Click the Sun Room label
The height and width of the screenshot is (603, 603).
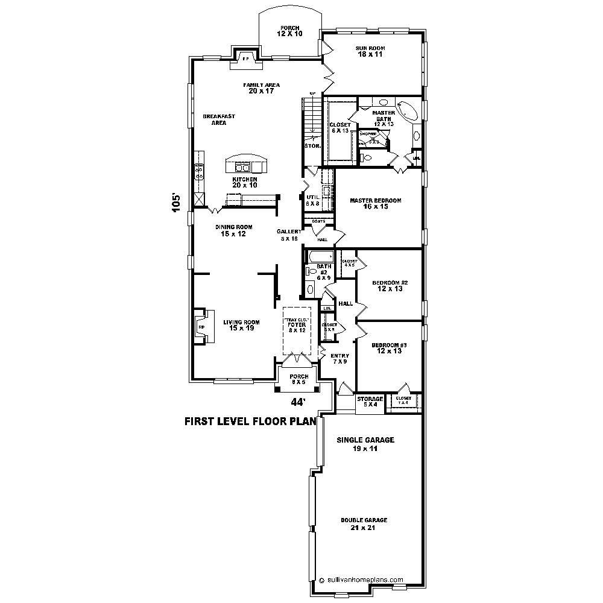tap(371, 51)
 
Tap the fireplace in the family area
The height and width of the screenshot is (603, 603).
tap(245, 59)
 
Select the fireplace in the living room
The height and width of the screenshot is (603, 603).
tap(202, 327)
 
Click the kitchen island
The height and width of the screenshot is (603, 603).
tap(245, 164)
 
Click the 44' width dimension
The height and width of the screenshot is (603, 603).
tap(298, 402)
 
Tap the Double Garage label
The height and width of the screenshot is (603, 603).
tap(364, 523)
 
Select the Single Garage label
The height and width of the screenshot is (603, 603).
tap(365, 444)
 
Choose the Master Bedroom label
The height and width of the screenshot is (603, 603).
tap(376, 203)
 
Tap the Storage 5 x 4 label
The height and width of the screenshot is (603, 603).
tap(370, 402)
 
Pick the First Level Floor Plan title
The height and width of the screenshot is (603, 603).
tap(250, 422)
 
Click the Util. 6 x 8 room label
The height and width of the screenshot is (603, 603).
tap(312, 200)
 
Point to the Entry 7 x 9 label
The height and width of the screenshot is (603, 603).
tap(339, 359)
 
